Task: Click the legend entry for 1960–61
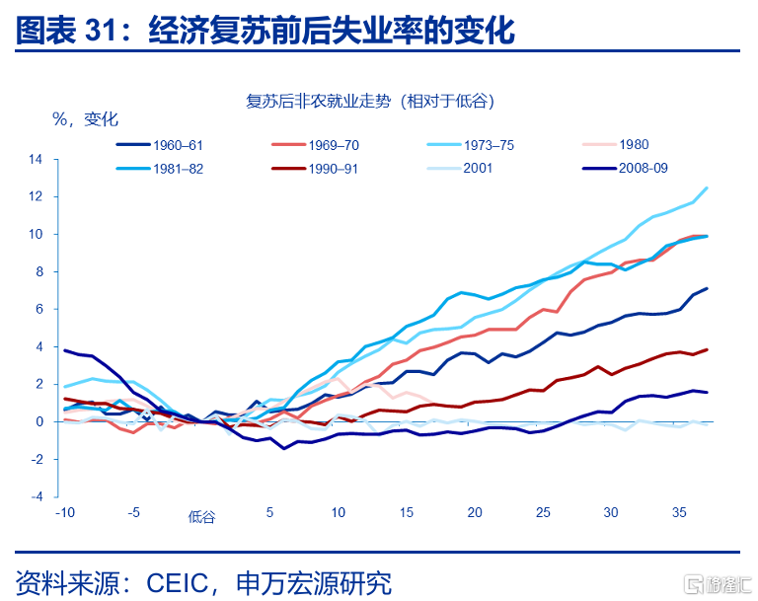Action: pyautogui.click(x=160, y=145)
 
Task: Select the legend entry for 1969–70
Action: pyautogui.click(x=315, y=145)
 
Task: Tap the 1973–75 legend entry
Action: pyautogui.click(x=471, y=145)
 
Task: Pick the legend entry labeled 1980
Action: pyautogui.click(x=616, y=144)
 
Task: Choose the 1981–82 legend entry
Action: pyautogui.click(x=160, y=169)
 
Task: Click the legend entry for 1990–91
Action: pyautogui.click(x=315, y=169)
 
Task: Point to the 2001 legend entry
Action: pyautogui.click(x=460, y=168)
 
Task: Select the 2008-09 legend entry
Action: pyautogui.click(x=625, y=168)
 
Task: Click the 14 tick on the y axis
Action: pyautogui.click(x=36, y=159)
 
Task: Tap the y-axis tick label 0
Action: pyautogui.click(x=39, y=421)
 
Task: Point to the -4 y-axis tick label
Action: pyautogui.click(x=37, y=496)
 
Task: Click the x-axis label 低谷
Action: pyautogui.click(x=201, y=517)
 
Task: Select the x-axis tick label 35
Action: pyautogui.click(x=679, y=512)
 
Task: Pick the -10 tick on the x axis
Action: pyautogui.click(x=65, y=512)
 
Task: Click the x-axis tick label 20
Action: pyautogui.click(x=475, y=512)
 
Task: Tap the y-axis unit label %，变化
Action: pyautogui.click(x=85, y=119)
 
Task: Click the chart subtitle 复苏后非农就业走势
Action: pyautogui.click(x=318, y=101)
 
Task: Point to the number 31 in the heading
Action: pyautogui.click(x=101, y=30)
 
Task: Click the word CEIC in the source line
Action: pyautogui.click(x=178, y=582)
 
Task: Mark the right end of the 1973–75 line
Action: pyautogui.click(x=708, y=188)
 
